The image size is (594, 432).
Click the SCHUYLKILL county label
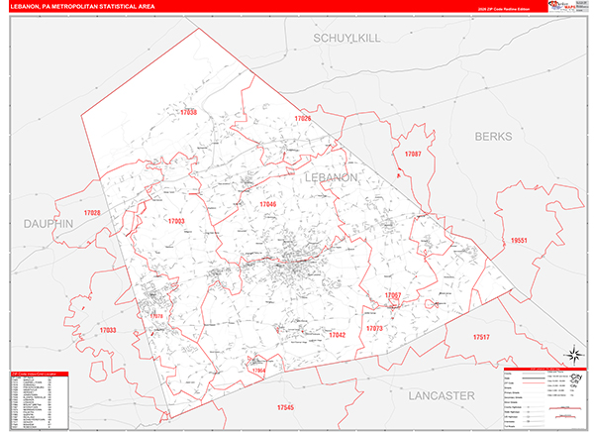pos(346,38)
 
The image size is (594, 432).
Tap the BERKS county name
pos(496,136)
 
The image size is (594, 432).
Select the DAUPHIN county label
pos(49,225)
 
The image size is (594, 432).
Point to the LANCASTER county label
pos(442,394)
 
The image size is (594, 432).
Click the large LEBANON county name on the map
pos(331,176)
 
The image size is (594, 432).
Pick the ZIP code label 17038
pos(189,113)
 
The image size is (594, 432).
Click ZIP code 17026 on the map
pos(302,119)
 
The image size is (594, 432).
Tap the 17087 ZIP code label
pos(413,154)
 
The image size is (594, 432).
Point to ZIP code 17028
pos(93,213)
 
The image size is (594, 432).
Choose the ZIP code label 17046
pos(268,204)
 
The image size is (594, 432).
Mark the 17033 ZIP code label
pos(108,329)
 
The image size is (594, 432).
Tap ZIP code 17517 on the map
pos(481,338)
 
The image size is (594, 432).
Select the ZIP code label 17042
pos(337,335)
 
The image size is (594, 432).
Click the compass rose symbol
pos(573,356)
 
